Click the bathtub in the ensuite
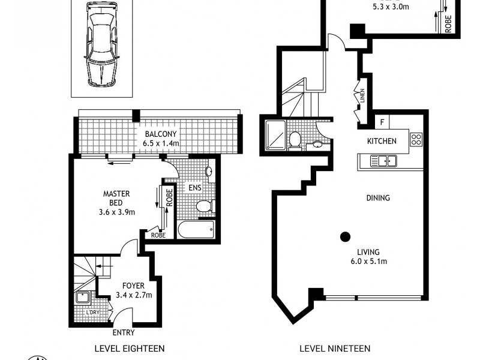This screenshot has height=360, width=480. pos(196,230)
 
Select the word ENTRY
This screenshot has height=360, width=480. pos(123,332)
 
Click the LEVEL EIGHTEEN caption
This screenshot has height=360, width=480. pos(130,348)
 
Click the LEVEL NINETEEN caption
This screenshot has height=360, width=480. pos(335,348)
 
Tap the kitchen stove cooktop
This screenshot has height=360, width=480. pos(416,140)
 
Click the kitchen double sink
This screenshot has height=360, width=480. pos(383,160)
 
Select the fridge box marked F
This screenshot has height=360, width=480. pos(382,122)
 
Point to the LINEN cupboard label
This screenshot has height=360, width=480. pos(363,96)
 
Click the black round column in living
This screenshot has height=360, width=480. pos(345,236)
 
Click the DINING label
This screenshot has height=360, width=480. pos(378,198)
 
